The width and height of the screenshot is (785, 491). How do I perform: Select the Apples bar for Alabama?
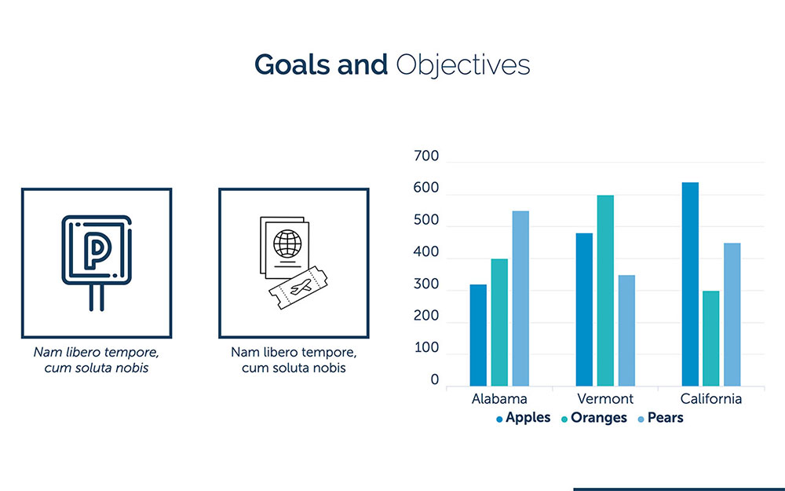click(478, 335)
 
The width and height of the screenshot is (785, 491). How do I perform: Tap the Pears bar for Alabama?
click(520, 299)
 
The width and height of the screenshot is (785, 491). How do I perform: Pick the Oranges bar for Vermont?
click(605, 291)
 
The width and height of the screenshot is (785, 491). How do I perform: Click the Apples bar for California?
click(690, 284)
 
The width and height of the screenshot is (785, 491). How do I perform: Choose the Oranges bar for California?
click(711, 339)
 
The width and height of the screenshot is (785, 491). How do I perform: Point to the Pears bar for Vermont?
click(626, 331)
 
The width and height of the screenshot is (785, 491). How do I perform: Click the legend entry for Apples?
click(523, 418)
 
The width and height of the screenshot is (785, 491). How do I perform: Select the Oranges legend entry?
click(593, 418)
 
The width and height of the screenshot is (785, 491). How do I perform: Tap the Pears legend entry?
click(660, 418)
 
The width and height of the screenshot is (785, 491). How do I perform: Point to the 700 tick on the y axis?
click(426, 156)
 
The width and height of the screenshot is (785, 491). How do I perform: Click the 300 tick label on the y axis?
click(426, 284)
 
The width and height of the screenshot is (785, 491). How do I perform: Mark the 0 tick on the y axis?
click(435, 379)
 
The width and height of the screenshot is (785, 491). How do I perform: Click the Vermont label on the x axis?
click(605, 399)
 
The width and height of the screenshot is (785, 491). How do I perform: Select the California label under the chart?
click(711, 399)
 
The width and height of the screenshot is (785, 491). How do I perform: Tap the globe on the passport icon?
click(287, 244)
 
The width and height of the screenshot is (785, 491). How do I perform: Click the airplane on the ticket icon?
click(301, 287)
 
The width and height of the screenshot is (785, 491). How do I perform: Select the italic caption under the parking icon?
click(96, 360)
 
